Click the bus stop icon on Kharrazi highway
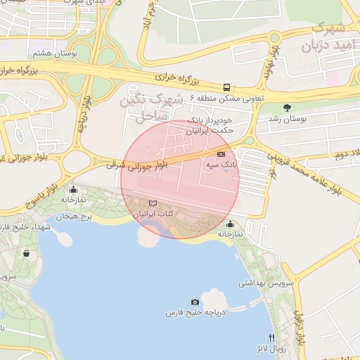tap(226, 88)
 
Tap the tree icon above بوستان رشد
tap(287, 108)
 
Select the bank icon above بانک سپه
tap(221, 154)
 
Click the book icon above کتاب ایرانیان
tap(153, 203)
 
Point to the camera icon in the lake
tap(195, 302)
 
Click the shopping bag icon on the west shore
tap(27, 253)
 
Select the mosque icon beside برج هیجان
tap(73, 190)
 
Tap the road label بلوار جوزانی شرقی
tap(137, 165)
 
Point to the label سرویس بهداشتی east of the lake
tap(259, 283)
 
